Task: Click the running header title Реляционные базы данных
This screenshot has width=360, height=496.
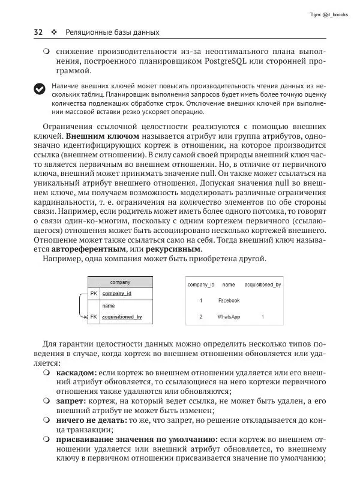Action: click(112, 32)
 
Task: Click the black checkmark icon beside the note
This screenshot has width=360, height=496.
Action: click(39, 89)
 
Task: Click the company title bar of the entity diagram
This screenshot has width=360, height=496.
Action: click(120, 282)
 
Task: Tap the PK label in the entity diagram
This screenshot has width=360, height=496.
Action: click(94, 294)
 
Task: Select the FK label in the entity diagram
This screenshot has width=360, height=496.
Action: click(94, 316)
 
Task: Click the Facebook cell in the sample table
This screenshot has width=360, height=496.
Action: click(229, 300)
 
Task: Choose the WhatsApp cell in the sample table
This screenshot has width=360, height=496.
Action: click(229, 316)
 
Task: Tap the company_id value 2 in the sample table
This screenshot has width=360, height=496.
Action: click(201, 316)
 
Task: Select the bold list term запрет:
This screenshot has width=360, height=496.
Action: click(71, 399)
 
